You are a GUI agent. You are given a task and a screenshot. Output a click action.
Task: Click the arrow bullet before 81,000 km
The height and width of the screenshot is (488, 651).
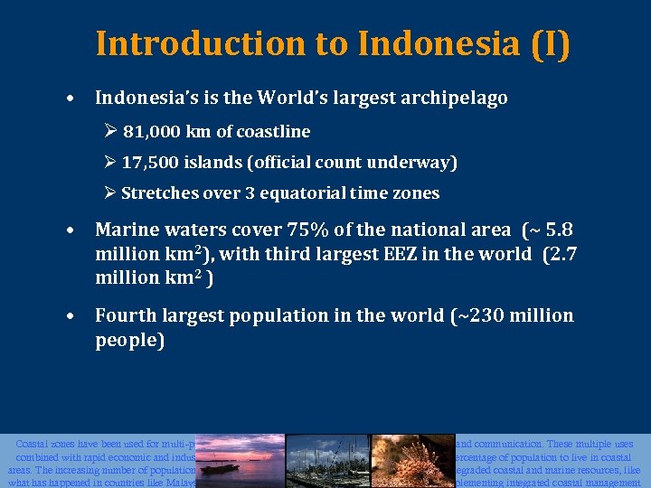(x=111, y=132)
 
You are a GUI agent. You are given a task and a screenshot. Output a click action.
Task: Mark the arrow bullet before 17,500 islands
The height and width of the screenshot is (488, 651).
(x=111, y=163)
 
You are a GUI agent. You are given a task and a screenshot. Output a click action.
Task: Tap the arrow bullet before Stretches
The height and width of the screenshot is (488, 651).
(x=111, y=193)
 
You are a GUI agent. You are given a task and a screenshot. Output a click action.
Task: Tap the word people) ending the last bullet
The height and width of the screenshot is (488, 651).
(x=129, y=340)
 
